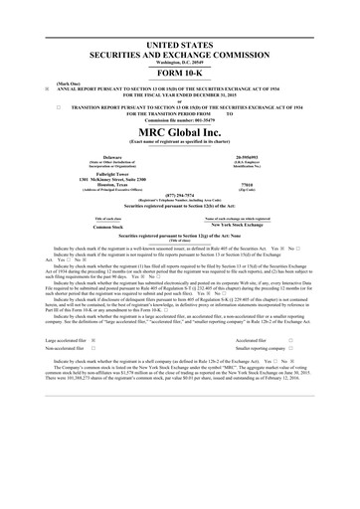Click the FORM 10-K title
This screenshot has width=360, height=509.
point(179,74)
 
